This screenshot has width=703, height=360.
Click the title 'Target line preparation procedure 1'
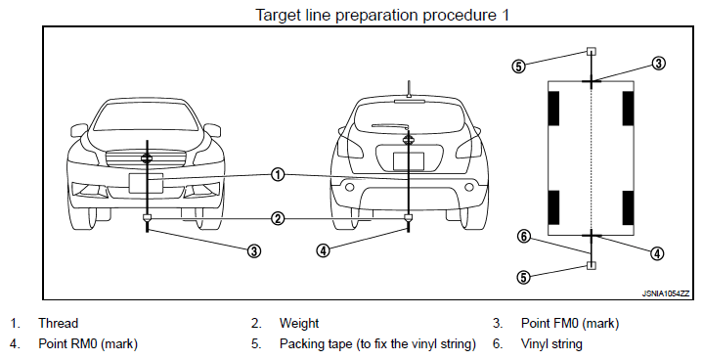382,15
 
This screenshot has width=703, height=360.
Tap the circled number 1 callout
278,174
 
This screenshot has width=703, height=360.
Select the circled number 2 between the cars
278,219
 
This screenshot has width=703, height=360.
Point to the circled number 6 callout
524,237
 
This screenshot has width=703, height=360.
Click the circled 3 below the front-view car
254,250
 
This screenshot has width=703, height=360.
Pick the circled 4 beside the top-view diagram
657,253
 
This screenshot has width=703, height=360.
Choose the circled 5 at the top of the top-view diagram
518,67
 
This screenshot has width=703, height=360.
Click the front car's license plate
146,183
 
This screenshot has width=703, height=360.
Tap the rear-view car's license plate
409,161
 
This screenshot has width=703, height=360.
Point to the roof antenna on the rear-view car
409,89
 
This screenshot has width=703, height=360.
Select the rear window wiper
390,126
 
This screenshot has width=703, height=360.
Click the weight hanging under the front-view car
147,218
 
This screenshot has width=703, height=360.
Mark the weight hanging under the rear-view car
408,218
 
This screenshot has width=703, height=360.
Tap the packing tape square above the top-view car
592,51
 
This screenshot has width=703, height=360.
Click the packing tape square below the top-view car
592,265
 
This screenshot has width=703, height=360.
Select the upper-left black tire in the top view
553,109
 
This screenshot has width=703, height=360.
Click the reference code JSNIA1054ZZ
665,293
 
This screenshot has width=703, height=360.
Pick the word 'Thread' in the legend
59,323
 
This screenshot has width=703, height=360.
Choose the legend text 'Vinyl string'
551,344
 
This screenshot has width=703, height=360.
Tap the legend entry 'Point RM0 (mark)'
88,344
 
